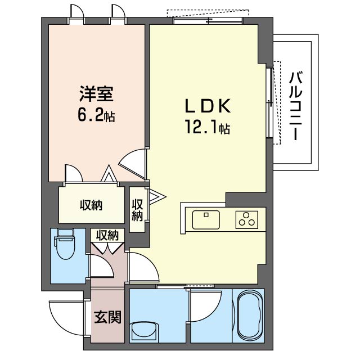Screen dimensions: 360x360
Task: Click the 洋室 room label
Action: pos(96,94)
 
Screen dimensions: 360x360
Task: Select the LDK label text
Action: pos(208,106)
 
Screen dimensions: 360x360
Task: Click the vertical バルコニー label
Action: pos(295,106)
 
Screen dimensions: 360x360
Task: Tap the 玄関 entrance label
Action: pos(107,317)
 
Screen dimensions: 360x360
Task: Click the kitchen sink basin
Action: pos(206,220)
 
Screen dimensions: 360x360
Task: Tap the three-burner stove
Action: pos(246,220)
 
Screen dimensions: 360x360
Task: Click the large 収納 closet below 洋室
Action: pos(91,205)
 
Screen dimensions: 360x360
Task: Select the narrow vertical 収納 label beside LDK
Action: pos(137,210)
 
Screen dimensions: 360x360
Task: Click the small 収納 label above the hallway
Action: pos(107,235)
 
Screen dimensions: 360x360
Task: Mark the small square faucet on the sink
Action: pos(206,215)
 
